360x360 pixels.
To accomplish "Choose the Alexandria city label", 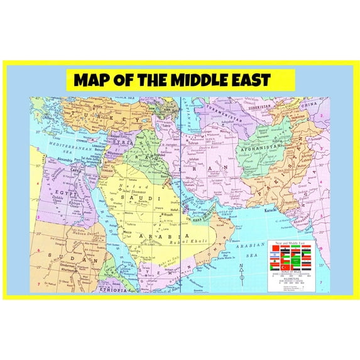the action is click(51, 161).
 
